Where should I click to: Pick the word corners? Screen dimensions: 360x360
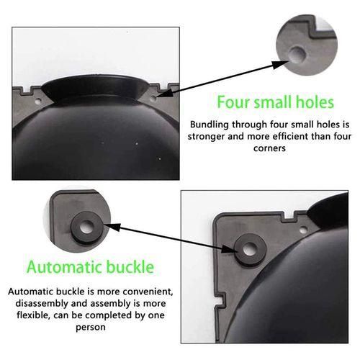pos(269,148)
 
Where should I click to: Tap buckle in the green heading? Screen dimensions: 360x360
pos(130,266)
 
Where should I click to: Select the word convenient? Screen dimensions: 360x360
pos(148,292)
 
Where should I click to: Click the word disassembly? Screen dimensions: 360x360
pos(42,303)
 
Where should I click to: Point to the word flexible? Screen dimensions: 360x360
pos(34,315)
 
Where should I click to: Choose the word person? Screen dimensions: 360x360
pos(91,328)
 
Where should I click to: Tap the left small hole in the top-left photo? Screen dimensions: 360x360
pos(37,102)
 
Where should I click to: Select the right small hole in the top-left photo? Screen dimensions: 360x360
pos(153,98)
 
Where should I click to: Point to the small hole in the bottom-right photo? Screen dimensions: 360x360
pos(303,230)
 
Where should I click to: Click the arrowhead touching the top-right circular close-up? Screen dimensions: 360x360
pos(280,64)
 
